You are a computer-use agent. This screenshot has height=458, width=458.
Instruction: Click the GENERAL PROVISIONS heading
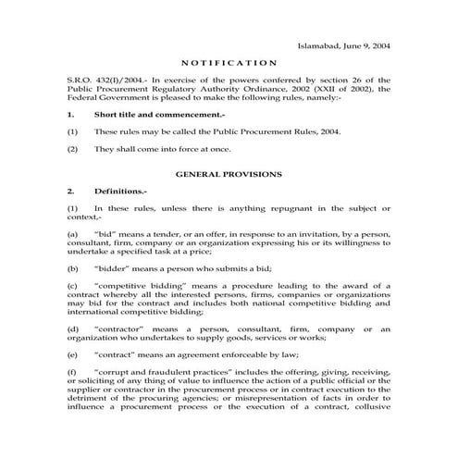point(229,174)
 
